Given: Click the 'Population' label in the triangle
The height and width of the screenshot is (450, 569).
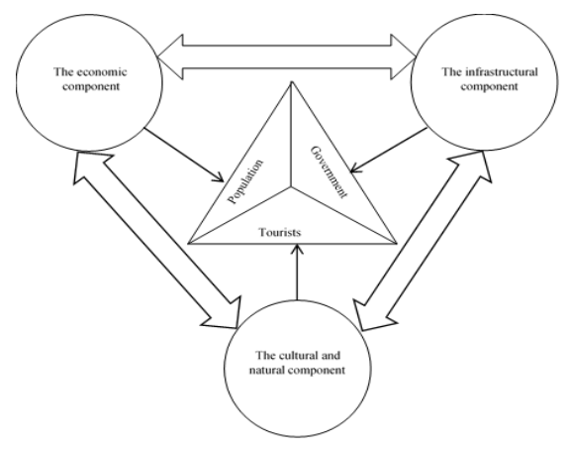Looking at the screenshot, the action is point(245,181).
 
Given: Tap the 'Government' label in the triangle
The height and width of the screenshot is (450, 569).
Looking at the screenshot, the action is point(330,171).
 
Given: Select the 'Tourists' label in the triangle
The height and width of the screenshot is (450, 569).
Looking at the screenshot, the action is point(280,232).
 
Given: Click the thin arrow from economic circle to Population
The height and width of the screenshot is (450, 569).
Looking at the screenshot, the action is point(184,155).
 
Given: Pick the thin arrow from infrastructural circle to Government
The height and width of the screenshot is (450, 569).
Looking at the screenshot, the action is point(389,150).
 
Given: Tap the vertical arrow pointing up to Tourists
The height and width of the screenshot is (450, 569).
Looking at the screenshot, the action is point(297,273).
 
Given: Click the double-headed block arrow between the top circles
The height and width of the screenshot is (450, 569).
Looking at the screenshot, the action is point(287,57).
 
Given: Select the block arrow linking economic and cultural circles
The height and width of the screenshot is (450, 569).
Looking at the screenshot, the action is point(156,240).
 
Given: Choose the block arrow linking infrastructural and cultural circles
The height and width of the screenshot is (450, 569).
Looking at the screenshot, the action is point(423,241).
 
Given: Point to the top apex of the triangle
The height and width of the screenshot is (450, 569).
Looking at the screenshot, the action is point(291,81).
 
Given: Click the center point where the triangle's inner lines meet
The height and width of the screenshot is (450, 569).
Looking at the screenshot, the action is point(291,187).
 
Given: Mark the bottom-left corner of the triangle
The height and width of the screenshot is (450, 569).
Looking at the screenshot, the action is point(188,243).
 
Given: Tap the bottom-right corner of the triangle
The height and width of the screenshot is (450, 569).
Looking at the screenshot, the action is point(397,243).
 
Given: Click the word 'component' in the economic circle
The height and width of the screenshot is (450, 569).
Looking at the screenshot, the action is point(91,87).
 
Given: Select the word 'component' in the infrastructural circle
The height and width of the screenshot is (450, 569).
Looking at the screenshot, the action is point(489,87).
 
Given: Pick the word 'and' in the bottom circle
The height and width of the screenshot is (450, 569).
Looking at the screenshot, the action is point(332,355).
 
